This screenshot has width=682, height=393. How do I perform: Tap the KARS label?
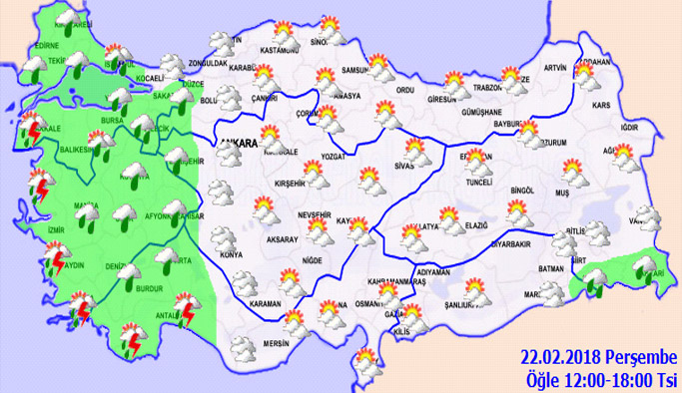point(601,104)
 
